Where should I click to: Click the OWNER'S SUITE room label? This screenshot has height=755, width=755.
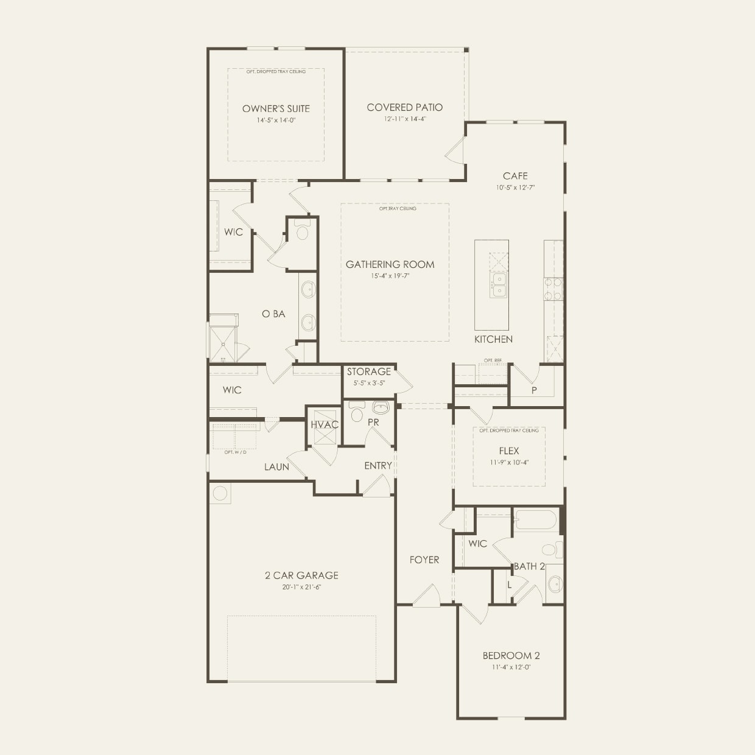(276, 108)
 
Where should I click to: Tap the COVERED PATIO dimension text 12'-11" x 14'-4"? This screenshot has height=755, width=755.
(405, 119)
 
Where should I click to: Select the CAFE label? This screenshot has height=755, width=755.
(515, 176)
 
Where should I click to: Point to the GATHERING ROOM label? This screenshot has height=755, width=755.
(390, 264)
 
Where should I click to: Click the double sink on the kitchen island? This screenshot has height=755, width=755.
(499, 284)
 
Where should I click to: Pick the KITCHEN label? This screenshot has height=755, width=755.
(493, 339)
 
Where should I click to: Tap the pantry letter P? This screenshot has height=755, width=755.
(534, 390)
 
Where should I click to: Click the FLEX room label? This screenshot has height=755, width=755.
(509, 451)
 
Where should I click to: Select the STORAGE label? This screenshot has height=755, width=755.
(369, 371)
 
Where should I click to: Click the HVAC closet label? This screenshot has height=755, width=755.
(325, 424)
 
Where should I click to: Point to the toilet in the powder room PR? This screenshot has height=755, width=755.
(357, 412)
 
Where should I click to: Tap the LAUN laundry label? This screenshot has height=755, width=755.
(276, 467)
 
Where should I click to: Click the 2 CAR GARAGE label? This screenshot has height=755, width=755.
(301, 575)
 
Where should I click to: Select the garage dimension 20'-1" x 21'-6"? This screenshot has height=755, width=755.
(301, 588)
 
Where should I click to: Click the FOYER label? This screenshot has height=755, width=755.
(424, 560)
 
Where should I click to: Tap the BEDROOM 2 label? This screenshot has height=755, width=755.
(511, 656)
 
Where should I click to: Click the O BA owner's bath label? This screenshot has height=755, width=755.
(273, 314)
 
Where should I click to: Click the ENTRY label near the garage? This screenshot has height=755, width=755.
(378, 466)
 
